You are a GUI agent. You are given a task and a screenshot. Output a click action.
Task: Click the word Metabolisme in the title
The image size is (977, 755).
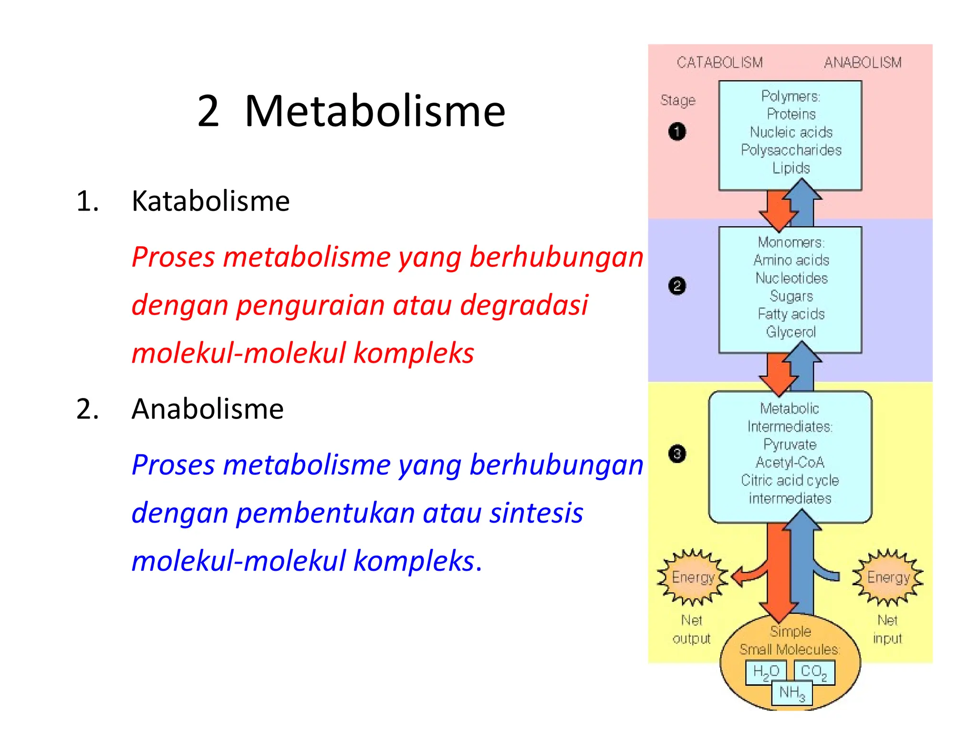click(x=374, y=111)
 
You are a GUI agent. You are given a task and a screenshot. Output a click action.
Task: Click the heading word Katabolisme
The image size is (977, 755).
click(x=210, y=201)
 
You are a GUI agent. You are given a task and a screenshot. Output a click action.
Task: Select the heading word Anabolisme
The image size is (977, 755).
click(x=208, y=409)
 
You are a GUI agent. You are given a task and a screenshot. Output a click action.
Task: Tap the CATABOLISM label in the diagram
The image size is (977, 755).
click(x=719, y=63)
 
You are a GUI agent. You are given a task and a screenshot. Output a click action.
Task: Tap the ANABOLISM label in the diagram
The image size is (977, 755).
click(x=863, y=63)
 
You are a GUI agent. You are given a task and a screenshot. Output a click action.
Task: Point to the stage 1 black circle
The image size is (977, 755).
click(x=677, y=132)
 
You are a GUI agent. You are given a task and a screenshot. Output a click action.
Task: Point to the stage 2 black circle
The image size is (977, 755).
click(x=677, y=286)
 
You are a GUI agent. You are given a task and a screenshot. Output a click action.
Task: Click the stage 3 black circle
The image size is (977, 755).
click(x=677, y=453)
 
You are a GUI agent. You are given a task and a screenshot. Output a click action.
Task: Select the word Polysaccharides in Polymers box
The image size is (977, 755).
click(x=791, y=150)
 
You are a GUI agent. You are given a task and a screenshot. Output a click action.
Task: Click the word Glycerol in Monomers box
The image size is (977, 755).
click(x=791, y=332)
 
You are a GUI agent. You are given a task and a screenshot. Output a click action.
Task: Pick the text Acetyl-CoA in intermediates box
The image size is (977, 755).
click(x=790, y=462)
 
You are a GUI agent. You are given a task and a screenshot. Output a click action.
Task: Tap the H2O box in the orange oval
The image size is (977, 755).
click(x=766, y=672)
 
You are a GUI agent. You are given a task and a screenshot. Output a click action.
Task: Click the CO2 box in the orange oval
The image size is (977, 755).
click(x=814, y=672)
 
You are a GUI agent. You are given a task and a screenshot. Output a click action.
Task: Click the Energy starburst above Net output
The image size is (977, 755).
click(x=693, y=577)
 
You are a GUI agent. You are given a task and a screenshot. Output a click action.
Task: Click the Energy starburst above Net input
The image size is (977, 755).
click(x=888, y=577)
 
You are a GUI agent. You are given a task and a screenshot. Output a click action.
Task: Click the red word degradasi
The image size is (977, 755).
click(x=524, y=305)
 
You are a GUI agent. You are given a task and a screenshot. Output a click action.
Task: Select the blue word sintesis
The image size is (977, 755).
click(x=536, y=513)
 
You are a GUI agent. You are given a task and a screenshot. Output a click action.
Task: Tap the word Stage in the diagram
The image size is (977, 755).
click(x=677, y=100)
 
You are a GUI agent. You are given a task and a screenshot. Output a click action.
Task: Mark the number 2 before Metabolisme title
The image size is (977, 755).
click(x=208, y=111)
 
